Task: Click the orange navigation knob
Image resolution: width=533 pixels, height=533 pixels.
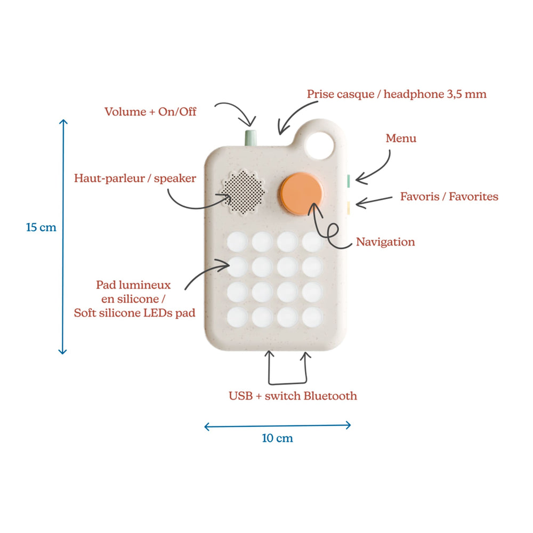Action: click(x=302, y=194)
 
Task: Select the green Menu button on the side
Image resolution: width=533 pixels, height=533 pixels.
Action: click(x=347, y=181)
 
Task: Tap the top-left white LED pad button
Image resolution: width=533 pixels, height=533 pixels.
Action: click(x=237, y=242)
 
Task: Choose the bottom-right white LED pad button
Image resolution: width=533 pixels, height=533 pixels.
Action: click(x=312, y=318)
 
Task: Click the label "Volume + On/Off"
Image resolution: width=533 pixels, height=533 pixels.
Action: click(x=150, y=112)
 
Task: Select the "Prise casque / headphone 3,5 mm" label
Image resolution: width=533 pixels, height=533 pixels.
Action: click(x=397, y=94)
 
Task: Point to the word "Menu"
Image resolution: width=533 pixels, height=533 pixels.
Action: click(x=401, y=139)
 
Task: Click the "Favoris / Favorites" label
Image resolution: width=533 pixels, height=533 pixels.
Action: click(x=449, y=197)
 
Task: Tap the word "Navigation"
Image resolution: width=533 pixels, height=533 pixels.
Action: click(x=385, y=242)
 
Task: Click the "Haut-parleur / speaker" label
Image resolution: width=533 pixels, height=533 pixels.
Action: click(x=135, y=178)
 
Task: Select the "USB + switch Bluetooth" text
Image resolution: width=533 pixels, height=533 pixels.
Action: click(x=293, y=396)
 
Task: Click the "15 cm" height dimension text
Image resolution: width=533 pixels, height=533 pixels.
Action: click(x=41, y=228)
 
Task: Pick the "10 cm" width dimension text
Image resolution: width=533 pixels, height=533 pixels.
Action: click(x=277, y=439)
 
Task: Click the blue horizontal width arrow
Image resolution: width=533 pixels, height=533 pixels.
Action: click(x=277, y=425)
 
